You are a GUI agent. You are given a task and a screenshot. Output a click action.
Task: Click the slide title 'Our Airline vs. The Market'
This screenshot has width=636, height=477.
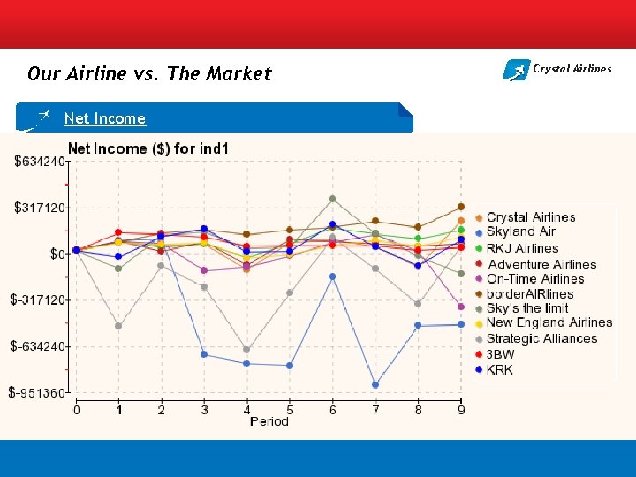[149, 74]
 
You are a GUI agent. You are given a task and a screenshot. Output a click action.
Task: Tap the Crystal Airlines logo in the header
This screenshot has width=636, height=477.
[556, 69]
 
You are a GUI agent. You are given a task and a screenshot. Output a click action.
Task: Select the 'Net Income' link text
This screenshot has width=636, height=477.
[105, 118]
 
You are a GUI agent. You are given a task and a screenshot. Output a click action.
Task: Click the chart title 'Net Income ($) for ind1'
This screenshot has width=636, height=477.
[148, 148]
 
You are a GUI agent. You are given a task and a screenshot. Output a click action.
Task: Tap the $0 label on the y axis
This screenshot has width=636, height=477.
[59, 254]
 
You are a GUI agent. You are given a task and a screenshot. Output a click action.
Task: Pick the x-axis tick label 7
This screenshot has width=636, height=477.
[375, 410]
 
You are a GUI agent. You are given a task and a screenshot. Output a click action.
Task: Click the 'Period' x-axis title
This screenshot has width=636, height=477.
[269, 421]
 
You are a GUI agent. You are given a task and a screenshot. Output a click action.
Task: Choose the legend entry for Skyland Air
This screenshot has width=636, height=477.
[521, 232]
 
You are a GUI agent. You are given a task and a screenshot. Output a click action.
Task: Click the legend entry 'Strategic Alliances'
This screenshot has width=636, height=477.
[541, 338]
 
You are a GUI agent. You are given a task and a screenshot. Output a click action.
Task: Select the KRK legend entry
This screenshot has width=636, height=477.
[499, 370]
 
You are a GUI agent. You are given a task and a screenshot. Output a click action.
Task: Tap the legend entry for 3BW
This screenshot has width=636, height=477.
[500, 354]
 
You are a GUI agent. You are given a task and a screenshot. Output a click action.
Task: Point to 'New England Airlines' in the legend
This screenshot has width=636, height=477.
[549, 322]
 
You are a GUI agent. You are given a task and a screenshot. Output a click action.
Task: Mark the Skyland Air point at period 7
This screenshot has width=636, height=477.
[375, 385]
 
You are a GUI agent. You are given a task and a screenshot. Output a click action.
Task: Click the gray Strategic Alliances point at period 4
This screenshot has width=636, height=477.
[246, 350]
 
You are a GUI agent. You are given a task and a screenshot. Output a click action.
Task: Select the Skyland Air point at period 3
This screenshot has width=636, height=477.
[204, 354]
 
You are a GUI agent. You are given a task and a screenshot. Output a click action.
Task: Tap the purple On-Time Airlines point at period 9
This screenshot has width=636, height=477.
[461, 307]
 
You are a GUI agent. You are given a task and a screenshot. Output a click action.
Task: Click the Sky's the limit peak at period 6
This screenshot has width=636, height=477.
[332, 199]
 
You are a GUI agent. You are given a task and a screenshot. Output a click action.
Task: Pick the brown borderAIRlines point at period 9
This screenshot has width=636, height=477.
[461, 207]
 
